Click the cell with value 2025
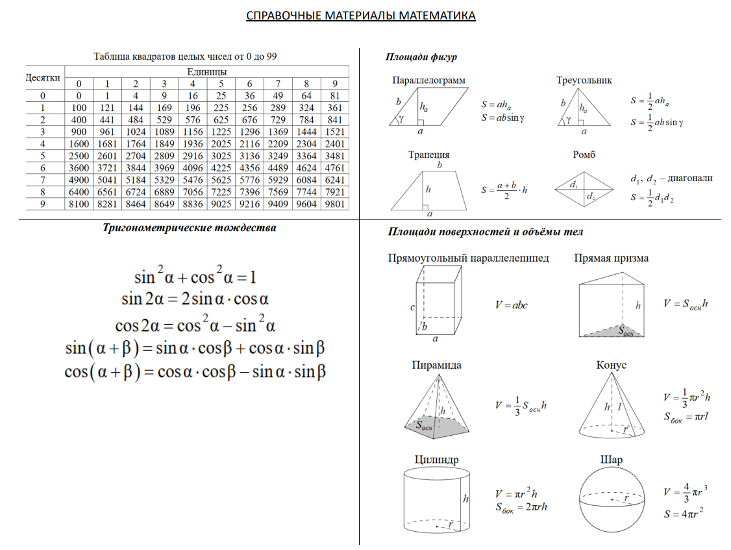click(221, 144)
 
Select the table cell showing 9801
click(335, 203)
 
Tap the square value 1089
click(164, 131)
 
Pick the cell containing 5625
click(221, 179)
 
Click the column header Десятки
click(43, 77)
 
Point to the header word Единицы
click(206, 71)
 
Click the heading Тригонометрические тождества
click(189, 228)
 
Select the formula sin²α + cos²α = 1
click(195, 277)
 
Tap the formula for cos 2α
click(195, 324)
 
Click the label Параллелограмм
click(428, 81)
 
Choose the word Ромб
click(584, 155)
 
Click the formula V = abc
click(510, 305)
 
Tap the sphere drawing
click(612, 500)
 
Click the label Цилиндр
click(436, 460)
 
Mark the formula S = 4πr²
click(684, 514)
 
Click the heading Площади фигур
click(421, 58)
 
